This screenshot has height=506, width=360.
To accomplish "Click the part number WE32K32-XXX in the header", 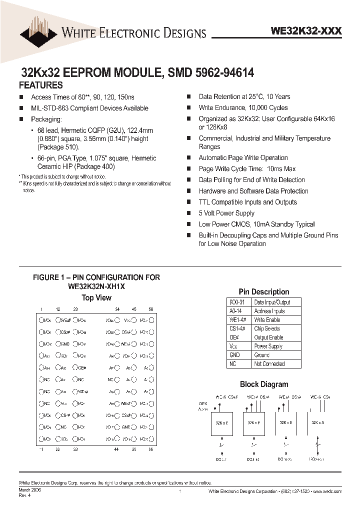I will click(306, 31).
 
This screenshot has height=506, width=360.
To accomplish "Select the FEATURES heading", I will click(41, 85).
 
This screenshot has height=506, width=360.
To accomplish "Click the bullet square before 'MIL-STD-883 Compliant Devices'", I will click(21, 108).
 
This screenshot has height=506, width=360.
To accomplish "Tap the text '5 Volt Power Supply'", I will click(226, 213).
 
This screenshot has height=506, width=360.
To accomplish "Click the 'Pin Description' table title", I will click(263, 292).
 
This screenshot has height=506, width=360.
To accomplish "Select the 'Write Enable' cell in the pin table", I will click(267, 320).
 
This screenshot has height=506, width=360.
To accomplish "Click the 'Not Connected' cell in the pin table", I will click(269, 364).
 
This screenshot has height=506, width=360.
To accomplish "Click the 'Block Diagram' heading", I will click(264, 384).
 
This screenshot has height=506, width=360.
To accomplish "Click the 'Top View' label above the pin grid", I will click(96, 298).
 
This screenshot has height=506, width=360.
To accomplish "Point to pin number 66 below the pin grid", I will click(150, 450).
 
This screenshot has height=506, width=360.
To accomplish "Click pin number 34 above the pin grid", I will click(117, 310).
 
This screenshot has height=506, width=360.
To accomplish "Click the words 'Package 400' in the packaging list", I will click(95, 166).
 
